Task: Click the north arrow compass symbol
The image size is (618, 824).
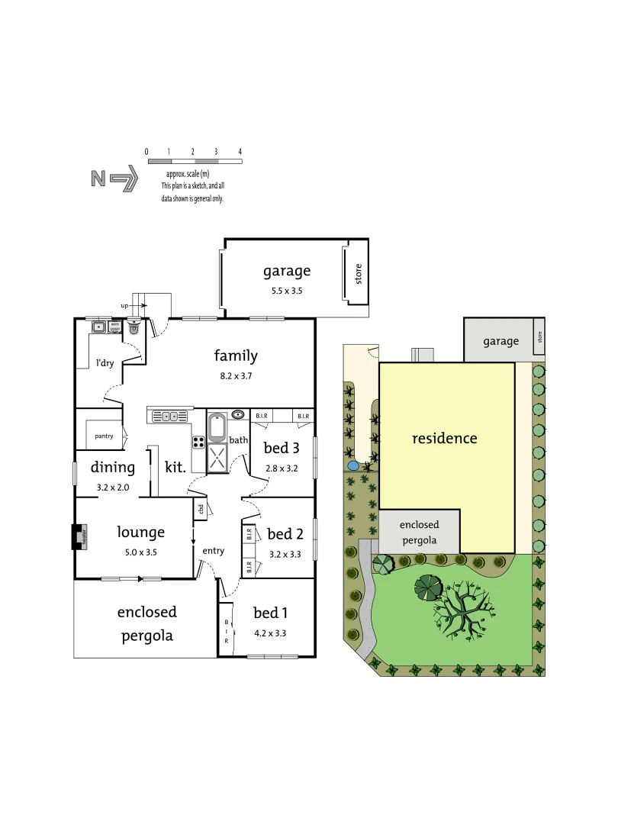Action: point(114,179)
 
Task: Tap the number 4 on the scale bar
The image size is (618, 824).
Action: point(240,152)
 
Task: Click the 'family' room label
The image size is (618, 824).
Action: point(236,356)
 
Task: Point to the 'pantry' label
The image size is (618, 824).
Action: point(104,436)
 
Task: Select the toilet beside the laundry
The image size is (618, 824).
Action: point(134,329)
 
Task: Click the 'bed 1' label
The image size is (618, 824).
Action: point(270,612)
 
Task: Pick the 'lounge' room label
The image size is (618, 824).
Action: point(140,532)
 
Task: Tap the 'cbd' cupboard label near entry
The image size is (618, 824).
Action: point(201,510)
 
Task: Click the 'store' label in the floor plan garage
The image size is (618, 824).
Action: point(358,273)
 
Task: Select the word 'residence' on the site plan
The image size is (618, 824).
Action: point(444,439)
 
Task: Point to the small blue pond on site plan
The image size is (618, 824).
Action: point(352,465)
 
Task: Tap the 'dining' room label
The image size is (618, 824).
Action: point(113,468)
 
